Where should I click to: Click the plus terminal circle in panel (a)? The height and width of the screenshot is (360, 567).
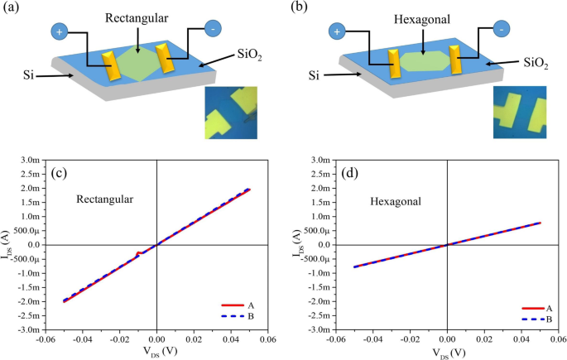60,32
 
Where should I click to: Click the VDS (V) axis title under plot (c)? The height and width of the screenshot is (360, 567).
156,350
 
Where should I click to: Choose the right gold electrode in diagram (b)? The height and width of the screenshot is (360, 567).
456,60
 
